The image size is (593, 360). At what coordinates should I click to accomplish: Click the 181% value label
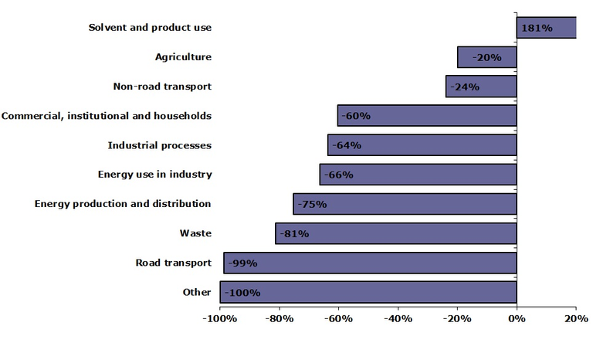tap(537, 28)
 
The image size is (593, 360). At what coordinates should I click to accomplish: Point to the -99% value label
tap(242, 263)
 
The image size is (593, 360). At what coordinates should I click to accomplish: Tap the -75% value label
tap(311, 204)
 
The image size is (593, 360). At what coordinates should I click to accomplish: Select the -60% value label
tap(356, 116)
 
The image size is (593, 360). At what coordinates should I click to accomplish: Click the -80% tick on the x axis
tap(279, 318)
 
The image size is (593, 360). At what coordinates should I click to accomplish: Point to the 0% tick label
tap(517, 318)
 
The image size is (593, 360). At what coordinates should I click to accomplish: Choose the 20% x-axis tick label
tap(576, 318)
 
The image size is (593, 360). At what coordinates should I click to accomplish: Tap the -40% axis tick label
tap(398, 318)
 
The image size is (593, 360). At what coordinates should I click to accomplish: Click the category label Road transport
tap(173, 263)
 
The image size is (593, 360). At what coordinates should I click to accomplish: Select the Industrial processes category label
tap(159, 145)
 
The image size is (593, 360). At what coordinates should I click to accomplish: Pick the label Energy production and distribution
tap(123, 204)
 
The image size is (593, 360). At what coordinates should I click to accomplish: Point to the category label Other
tap(197, 292)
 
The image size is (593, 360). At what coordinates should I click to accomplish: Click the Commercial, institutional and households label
tap(107, 116)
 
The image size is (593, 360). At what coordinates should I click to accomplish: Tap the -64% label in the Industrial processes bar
tap(346, 145)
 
